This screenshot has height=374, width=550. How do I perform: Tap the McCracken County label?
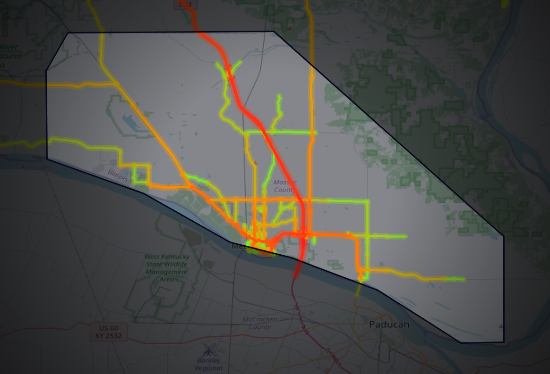pyautogui.click(x=260, y=323)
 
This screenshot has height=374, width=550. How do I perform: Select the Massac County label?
pyautogui.click(x=285, y=186)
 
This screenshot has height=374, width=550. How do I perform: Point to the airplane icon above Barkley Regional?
pyautogui.click(x=208, y=351)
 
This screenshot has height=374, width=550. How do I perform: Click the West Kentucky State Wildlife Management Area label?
pyautogui.click(x=167, y=268)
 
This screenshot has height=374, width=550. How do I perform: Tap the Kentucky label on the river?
pyautogui.click(x=36, y=167)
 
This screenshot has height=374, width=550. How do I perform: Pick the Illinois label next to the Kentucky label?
pyautogui.click(x=117, y=175)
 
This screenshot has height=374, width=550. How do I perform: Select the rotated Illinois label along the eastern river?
pyautogui.click(x=509, y=161)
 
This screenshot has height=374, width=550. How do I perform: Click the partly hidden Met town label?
pyautogui.click(x=238, y=246)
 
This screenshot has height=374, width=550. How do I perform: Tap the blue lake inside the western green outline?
pyautogui.click(x=131, y=124)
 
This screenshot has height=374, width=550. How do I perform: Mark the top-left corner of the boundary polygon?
pyautogui.click(x=69, y=33)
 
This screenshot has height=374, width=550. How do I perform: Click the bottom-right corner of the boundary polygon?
pyautogui.click(x=504, y=341)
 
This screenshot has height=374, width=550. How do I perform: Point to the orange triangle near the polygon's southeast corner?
pyautogui.click(x=501, y=326)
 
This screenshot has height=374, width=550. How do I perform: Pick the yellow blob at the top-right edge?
pyautogui.click(x=505, y=3)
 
